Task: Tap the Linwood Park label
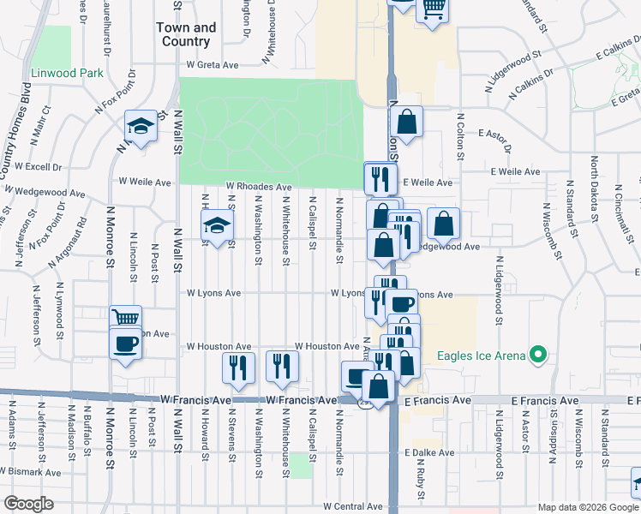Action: click(67, 73)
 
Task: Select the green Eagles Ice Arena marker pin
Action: click(537, 353)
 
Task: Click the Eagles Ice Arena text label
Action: click(482, 356)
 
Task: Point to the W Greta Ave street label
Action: click(213, 64)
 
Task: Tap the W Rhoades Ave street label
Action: click(259, 187)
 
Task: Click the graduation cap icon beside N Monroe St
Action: click(141, 127)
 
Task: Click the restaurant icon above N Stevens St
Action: click(238, 366)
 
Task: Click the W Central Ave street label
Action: click(353, 507)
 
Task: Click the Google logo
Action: click(28, 504)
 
